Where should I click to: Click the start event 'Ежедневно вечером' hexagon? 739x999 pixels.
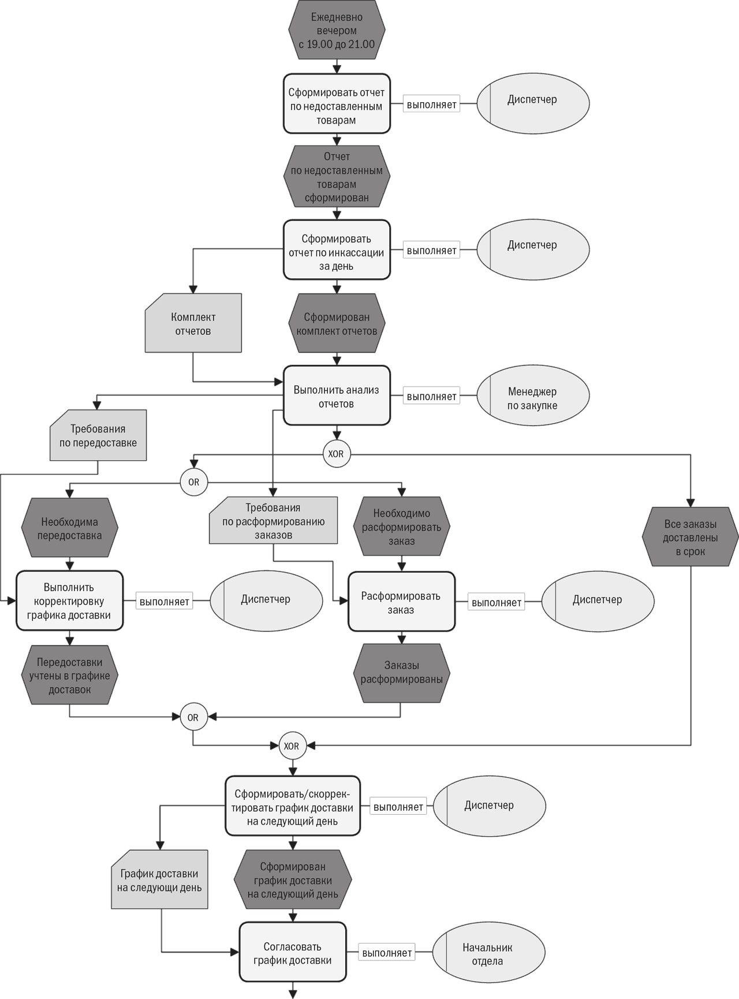point(337,30)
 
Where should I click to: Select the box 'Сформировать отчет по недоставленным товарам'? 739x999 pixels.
point(337,104)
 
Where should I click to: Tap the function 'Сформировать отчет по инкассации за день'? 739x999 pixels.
point(337,250)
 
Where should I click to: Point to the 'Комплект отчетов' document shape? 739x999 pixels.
point(193,323)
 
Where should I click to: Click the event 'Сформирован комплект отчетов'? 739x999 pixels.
point(337,323)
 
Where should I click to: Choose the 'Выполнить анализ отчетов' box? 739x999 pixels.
point(337,396)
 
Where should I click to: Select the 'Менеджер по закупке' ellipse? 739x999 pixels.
point(533,396)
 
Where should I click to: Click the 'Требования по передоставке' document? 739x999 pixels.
point(98,435)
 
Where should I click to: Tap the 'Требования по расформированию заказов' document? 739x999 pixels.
point(273,520)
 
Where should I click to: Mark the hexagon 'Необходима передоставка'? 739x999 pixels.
point(70,528)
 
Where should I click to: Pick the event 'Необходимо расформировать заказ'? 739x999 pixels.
point(402,527)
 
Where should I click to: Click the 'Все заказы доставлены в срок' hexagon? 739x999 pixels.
point(691,537)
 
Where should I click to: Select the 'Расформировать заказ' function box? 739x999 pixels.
point(402,602)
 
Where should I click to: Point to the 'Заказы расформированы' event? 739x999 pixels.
point(402,673)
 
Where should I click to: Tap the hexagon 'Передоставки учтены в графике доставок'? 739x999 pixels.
point(70,674)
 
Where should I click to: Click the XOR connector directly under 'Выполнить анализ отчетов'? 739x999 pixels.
point(337,453)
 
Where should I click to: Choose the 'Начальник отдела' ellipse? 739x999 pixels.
point(488,953)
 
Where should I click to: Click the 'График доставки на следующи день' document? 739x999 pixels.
point(159,879)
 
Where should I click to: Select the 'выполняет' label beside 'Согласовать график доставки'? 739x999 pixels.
point(387,953)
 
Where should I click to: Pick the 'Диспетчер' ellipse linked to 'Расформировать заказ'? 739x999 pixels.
point(598,601)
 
